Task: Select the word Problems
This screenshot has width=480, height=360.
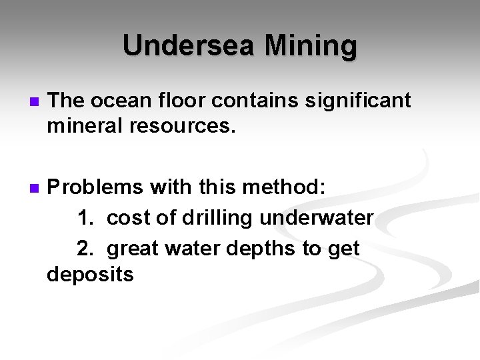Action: click(x=93, y=188)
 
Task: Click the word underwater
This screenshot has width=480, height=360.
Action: click(x=317, y=218)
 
